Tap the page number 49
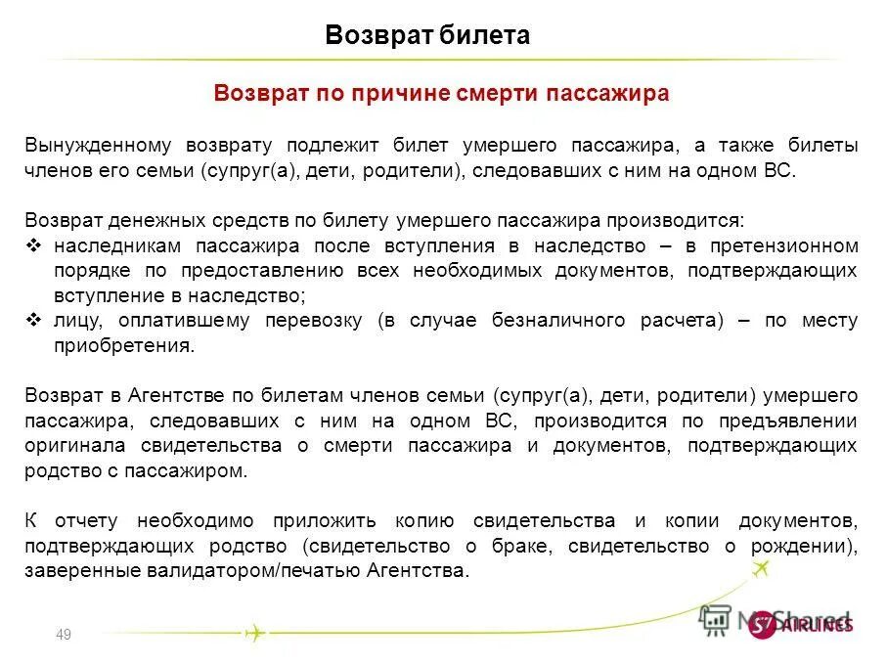65,636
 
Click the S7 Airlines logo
800,624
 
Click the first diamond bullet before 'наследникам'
33,245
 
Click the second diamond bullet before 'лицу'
33,320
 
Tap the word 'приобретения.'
124,346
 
